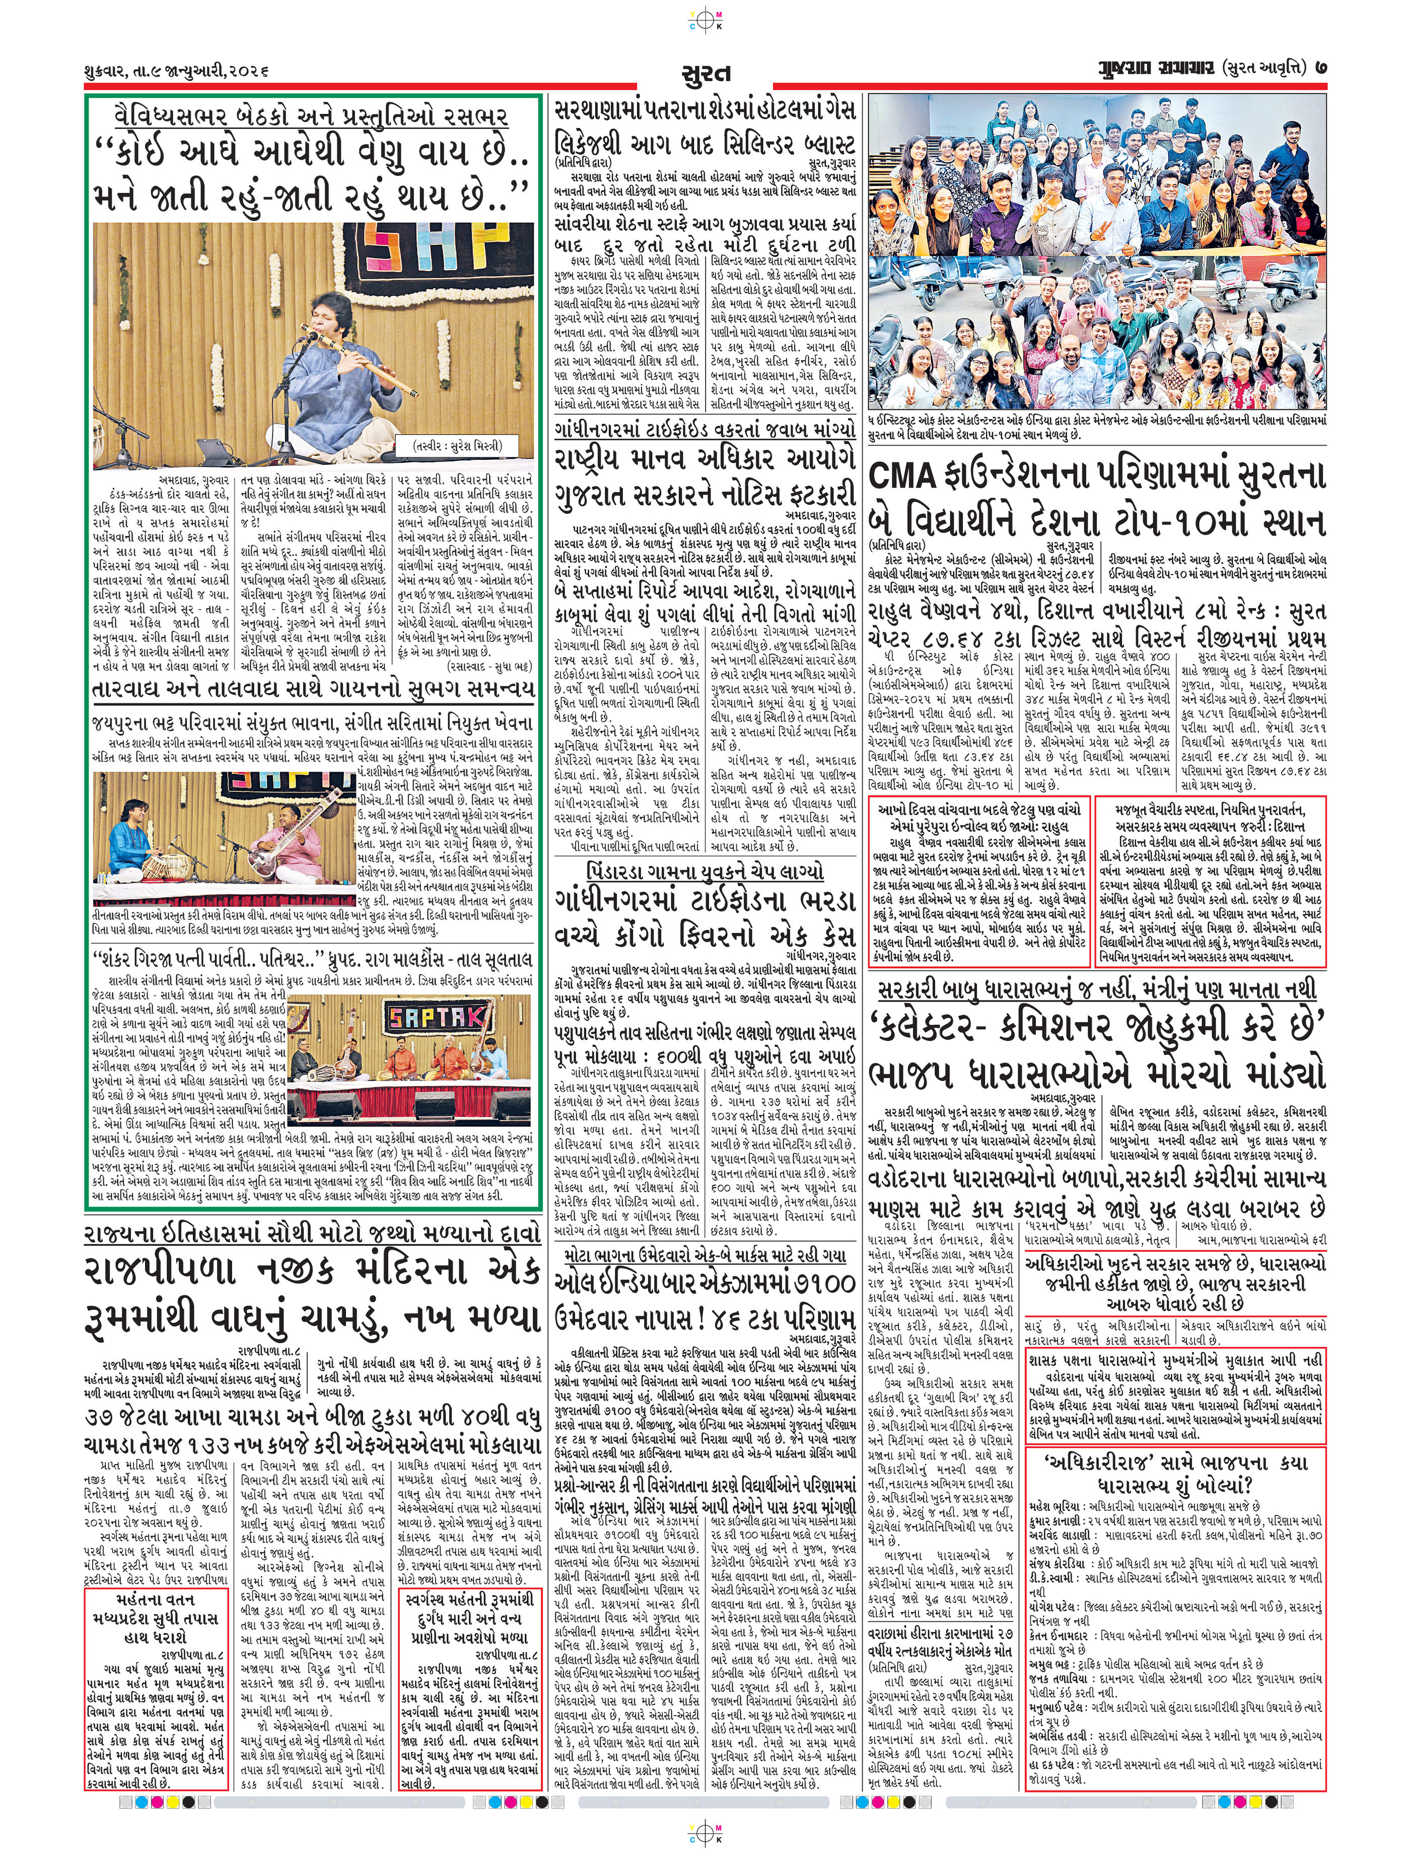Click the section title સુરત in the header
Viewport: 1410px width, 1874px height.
click(704, 75)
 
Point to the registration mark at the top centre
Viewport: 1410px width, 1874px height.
click(704, 19)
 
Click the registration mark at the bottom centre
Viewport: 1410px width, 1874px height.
click(704, 1852)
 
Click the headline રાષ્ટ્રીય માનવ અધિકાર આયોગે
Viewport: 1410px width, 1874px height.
click(704, 462)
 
